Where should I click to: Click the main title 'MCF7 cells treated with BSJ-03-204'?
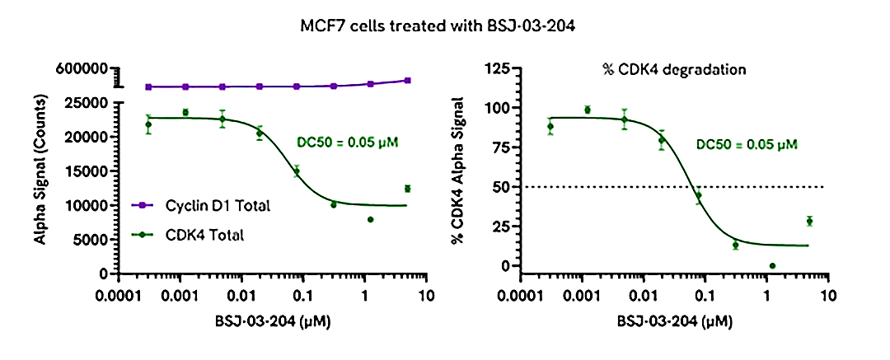click(445, 25)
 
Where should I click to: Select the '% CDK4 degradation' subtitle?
click(673, 69)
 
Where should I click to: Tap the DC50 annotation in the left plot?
click(347, 142)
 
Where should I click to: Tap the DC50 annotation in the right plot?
click(747, 144)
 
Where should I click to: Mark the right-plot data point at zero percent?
click(772, 266)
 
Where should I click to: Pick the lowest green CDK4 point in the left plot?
click(371, 219)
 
